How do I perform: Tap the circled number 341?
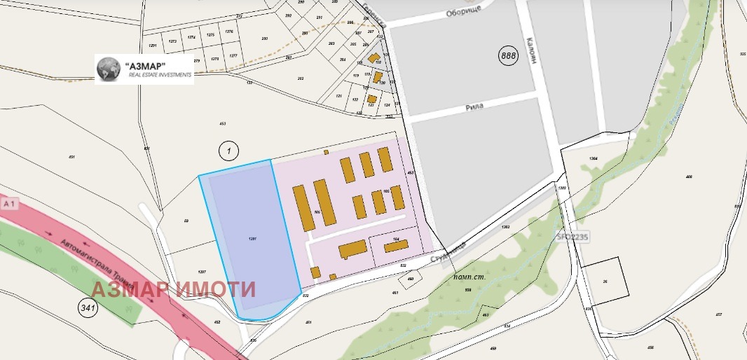tap(88, 307)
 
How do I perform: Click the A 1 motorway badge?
tap(9, 203)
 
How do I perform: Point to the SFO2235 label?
tap(573, 238)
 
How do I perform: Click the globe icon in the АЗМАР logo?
tap(109, 68)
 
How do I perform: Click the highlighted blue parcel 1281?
tap(252, 238)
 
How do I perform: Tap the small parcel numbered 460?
tap(411, 278)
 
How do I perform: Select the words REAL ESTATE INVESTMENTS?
tap(155, 74)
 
